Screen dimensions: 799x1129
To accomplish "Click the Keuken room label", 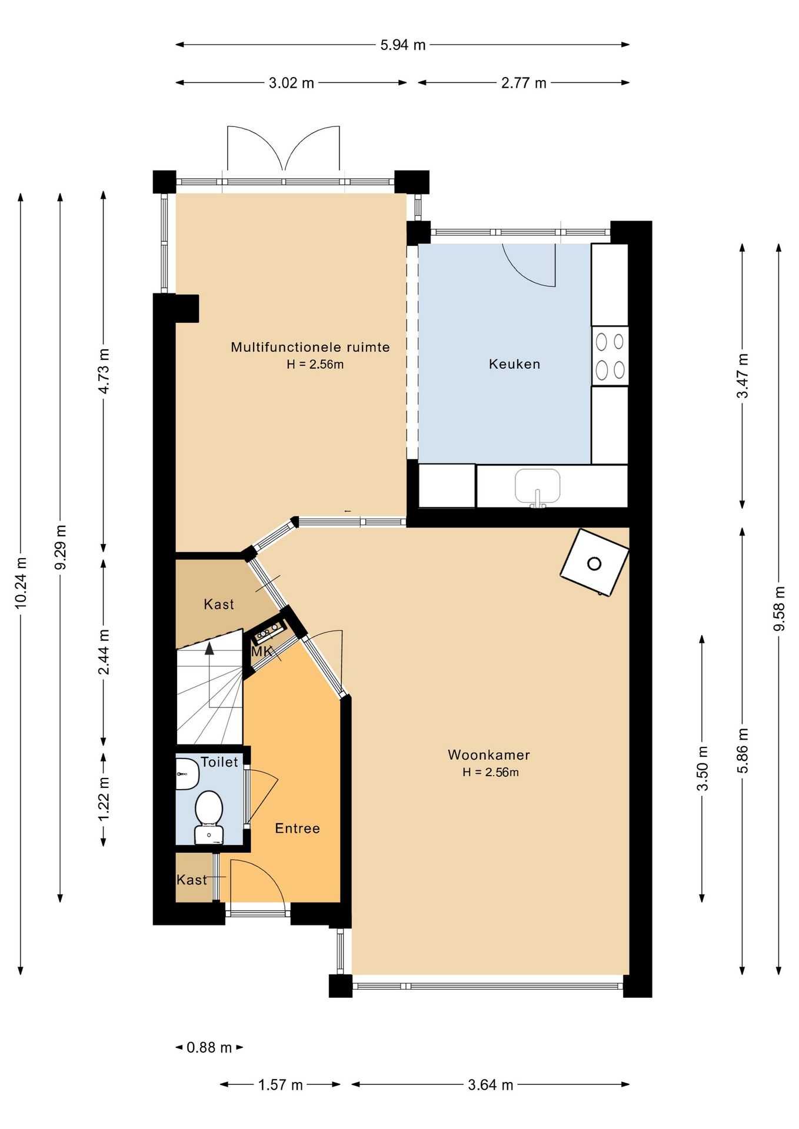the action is tap(514, 364).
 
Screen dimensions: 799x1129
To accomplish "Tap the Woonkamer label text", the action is tap(489, 754).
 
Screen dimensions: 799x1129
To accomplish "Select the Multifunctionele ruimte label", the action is tap(310, 347).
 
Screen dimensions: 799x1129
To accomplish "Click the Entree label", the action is tap(298, 828).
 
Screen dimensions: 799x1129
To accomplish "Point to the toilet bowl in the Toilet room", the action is tap(209, 808).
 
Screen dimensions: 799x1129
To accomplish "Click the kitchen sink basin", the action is tap(538, 486).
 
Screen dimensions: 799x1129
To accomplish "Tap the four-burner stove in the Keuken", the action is tap(610, 356).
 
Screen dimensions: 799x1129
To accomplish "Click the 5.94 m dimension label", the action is tap(403, 45).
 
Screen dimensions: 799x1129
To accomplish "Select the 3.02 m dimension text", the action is tap(291, 83).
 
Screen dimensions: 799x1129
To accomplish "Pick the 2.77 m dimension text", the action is tap(524, 83).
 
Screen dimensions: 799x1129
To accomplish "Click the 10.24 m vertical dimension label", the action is tap(21, 582).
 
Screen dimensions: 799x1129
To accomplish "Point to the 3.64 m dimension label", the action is tap(491, 1084).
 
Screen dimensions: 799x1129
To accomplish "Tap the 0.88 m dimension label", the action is tap(209, 1047).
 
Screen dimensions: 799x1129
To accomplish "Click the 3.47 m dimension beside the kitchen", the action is tap(743, 376).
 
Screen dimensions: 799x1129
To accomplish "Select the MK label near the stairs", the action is tap(262, 652).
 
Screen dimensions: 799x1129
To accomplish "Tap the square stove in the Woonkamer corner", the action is tap(594, 563).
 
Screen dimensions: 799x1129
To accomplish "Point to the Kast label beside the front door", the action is tap(192, 880).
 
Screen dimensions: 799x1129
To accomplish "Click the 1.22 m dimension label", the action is tap(104, 799).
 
